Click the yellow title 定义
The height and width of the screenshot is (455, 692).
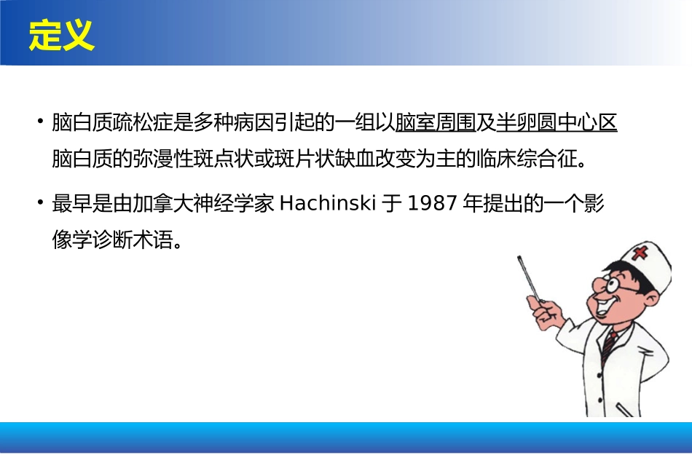point(62,35)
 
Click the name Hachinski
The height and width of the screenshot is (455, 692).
point(327,205)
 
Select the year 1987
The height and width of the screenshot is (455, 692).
point(432,205)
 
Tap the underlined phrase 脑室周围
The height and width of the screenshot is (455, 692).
point(436,123)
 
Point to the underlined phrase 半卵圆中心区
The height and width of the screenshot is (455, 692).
point(557,123)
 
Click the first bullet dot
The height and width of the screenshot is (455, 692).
point(40,122)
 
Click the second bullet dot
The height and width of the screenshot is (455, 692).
point(40,204)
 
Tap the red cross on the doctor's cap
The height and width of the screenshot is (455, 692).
point(641,253)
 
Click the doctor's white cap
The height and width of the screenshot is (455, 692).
point(641,262)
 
